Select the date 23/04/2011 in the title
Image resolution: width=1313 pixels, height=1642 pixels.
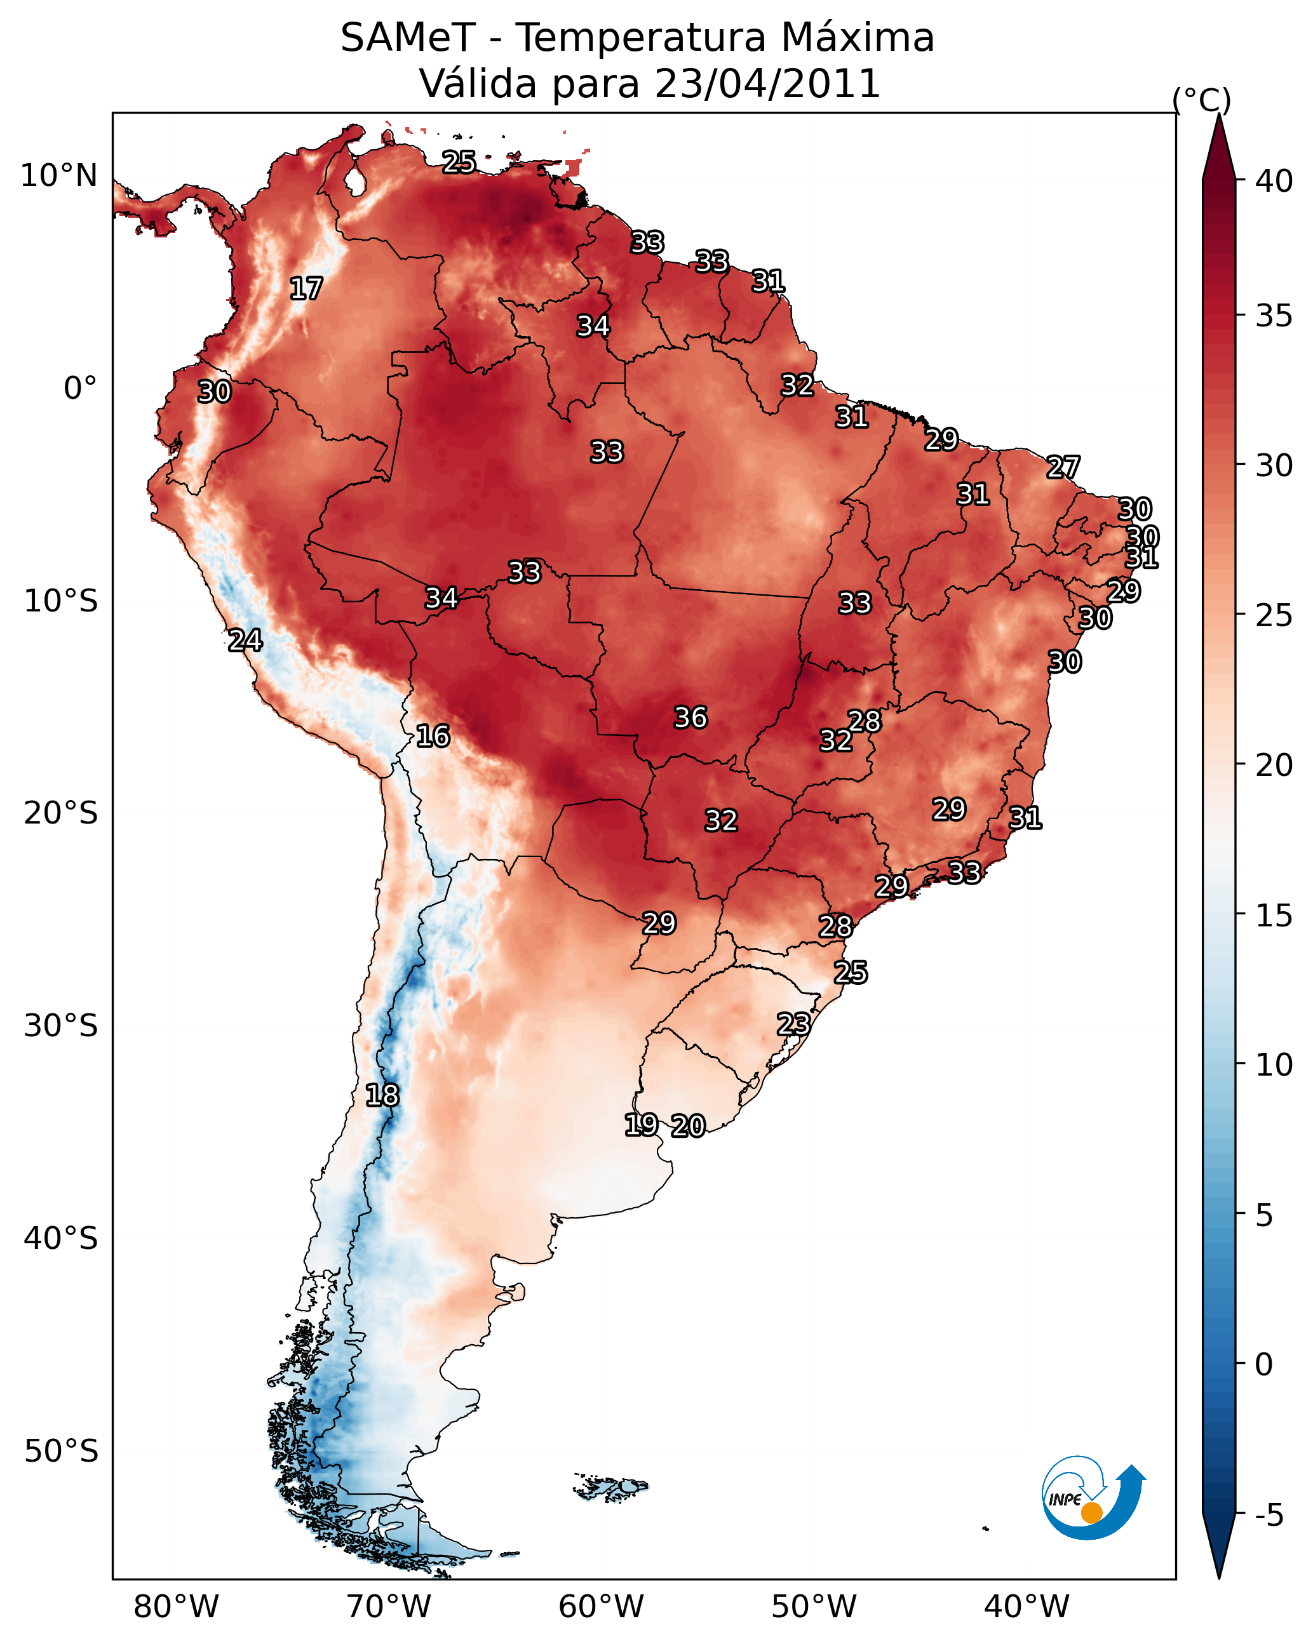coord(767,84)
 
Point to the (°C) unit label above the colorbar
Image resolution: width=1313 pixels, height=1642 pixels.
coord(1202,100)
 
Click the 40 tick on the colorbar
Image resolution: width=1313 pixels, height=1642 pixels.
coord(1274,181)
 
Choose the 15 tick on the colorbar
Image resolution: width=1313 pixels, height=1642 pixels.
coord(1274,916)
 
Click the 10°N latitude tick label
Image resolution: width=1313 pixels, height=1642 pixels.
coord(58,176)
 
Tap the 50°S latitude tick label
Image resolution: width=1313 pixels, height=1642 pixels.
coord(61,1452)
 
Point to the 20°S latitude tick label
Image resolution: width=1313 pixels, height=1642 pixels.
coord(61,813)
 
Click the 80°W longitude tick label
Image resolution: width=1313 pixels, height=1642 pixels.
coord(176,1607)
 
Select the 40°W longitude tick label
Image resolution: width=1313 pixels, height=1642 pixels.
coord(1027,1607)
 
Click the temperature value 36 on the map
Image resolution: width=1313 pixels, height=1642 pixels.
coord(690,718)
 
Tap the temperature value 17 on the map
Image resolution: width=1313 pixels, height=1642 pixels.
coord(306,289)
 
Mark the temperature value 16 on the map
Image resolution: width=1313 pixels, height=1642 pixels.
coord(433,737)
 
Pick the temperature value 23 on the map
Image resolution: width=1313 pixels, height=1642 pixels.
coord(793,1024)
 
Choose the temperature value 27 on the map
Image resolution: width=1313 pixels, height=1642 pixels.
coord(1063,467)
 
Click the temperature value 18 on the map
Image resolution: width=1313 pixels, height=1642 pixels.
coord(382,1096)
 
